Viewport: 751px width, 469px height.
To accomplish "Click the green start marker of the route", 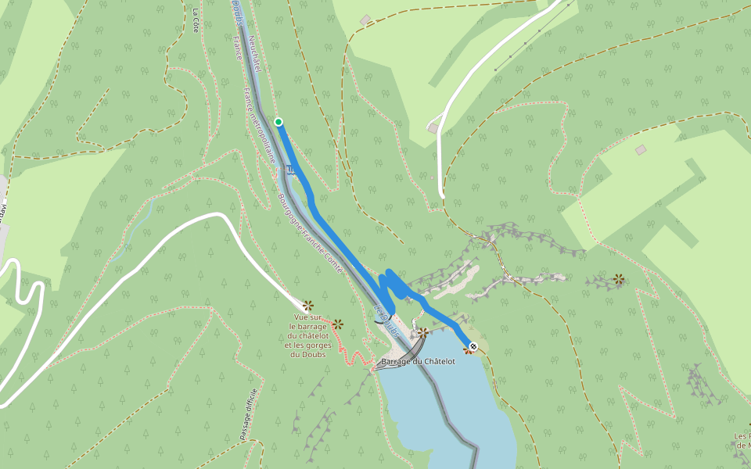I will pyautogui.click(x=278, y=121).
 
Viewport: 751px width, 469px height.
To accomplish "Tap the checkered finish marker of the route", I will pyautogui.click(x=473, y=346).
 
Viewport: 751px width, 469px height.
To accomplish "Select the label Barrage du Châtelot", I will pyautogui.click(x=419, y=362).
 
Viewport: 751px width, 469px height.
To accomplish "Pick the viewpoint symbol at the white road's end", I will pyautogui.click(x=307, y=305).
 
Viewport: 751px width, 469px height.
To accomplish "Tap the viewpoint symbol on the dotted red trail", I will pyautogui.click(x=337, y=324).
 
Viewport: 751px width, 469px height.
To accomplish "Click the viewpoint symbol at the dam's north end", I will pyautogui.click(x=422, y=333).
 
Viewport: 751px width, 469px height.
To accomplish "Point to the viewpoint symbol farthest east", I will pyautogui.click(x=619, y=278).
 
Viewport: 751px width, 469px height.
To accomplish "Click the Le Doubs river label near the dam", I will pyautogui.click(x=387, y=317).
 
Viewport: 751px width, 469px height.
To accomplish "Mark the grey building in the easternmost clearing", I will pyautogui.click(x=641, y=149).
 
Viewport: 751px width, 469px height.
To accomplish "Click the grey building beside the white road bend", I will pyautogui.click(x=433, y=127).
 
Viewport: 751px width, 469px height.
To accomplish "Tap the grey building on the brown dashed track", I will pyautogui.click(x=365, y=20).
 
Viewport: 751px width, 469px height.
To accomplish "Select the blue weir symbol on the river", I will pyautogui.click(x=291, y=169).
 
